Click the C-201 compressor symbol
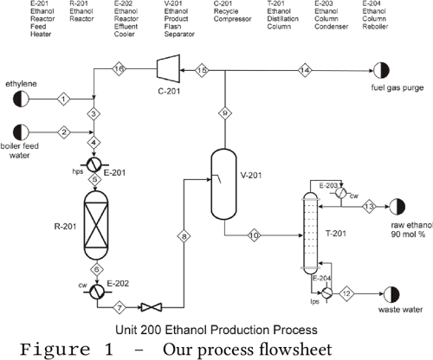coord(165,68)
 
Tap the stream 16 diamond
coord(120,68)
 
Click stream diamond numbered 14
coord(304,68)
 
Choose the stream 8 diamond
coord(183,235)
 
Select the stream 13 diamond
coord(367,206)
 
